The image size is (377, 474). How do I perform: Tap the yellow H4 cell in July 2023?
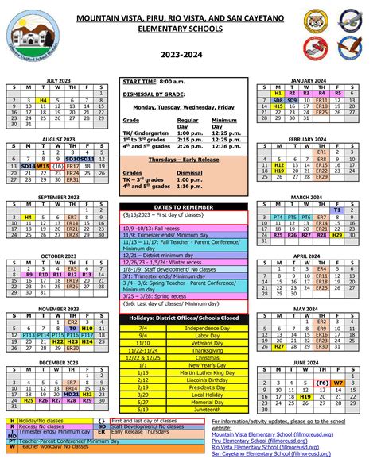(43, 100)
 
